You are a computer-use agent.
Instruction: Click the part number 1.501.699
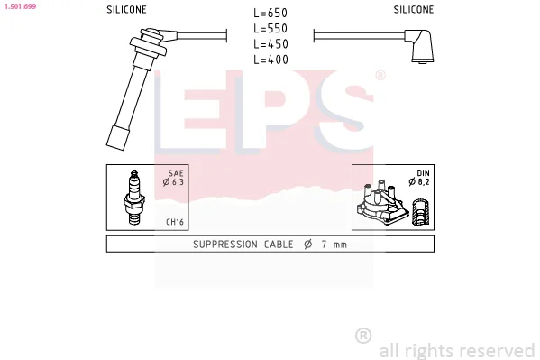coord(21,6)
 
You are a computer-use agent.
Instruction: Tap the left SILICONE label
coord(126,10)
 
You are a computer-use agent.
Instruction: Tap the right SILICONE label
coord(414,10)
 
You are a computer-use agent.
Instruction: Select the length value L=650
coord(270,14)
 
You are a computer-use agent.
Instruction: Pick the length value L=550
coord(270,29)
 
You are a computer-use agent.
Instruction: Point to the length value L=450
coord(270,44)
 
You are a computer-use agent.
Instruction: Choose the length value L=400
coord(270,60)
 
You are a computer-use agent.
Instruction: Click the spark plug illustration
coord(134,198)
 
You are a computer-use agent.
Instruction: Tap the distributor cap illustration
coord(382,202)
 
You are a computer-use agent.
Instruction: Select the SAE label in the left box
coord(176,173)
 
